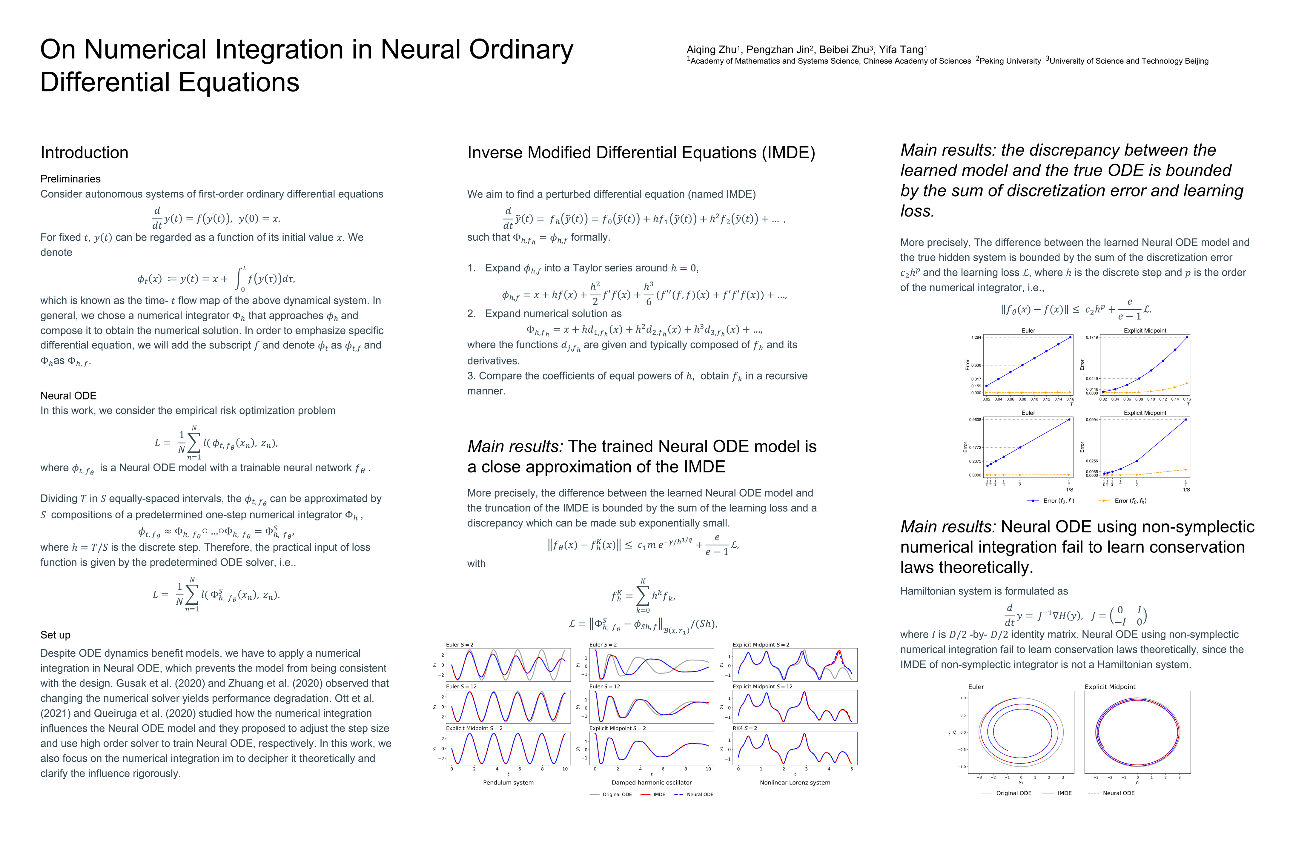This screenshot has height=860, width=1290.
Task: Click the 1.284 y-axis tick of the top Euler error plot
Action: [976, 337]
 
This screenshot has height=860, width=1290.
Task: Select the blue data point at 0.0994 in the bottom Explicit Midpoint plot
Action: [1186, 420]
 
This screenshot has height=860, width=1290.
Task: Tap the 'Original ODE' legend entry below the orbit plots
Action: [1013, 793]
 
